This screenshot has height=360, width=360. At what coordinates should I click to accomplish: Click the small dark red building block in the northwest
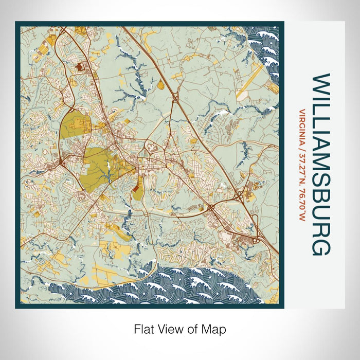coord(80,66)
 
